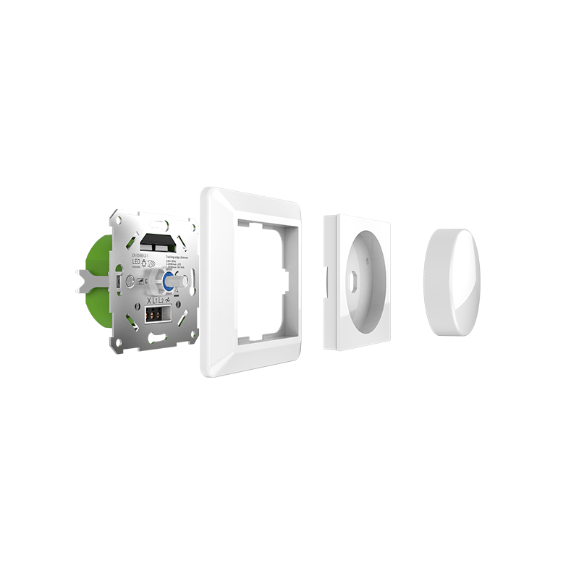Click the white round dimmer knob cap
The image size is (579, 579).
pyautogui.click(x=452, y=282)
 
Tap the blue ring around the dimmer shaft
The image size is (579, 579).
pyautogui.click(x=167, y=282)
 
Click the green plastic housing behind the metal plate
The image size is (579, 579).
pyautogui.click(x=98, y=253)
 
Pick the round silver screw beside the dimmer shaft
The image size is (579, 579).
pyautogui.click(x=130, y=281)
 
